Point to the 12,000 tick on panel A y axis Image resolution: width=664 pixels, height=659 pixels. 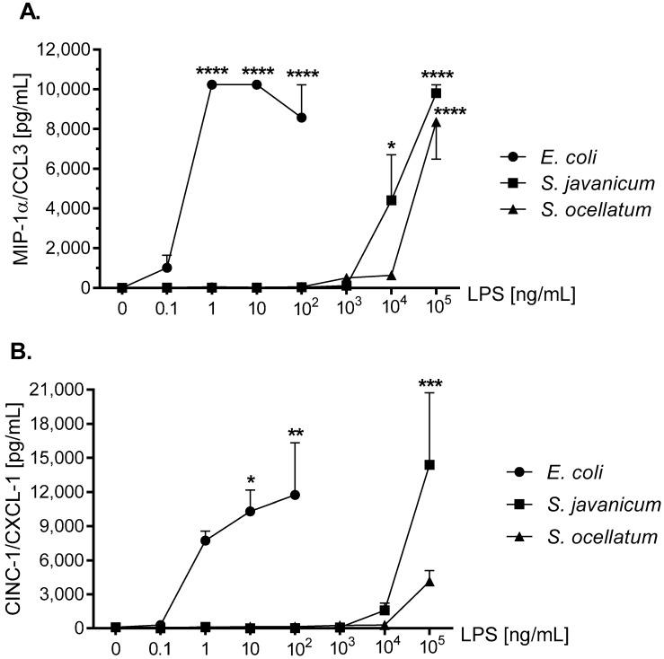pos(75,49)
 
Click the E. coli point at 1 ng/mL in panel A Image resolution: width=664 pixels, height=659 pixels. pos(212,84)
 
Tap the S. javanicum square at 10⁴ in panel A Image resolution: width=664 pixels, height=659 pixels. pos(392,200)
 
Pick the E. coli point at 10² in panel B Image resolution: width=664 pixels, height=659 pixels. pos(295,495)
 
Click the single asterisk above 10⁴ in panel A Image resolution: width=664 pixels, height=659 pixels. pos(391,145)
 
